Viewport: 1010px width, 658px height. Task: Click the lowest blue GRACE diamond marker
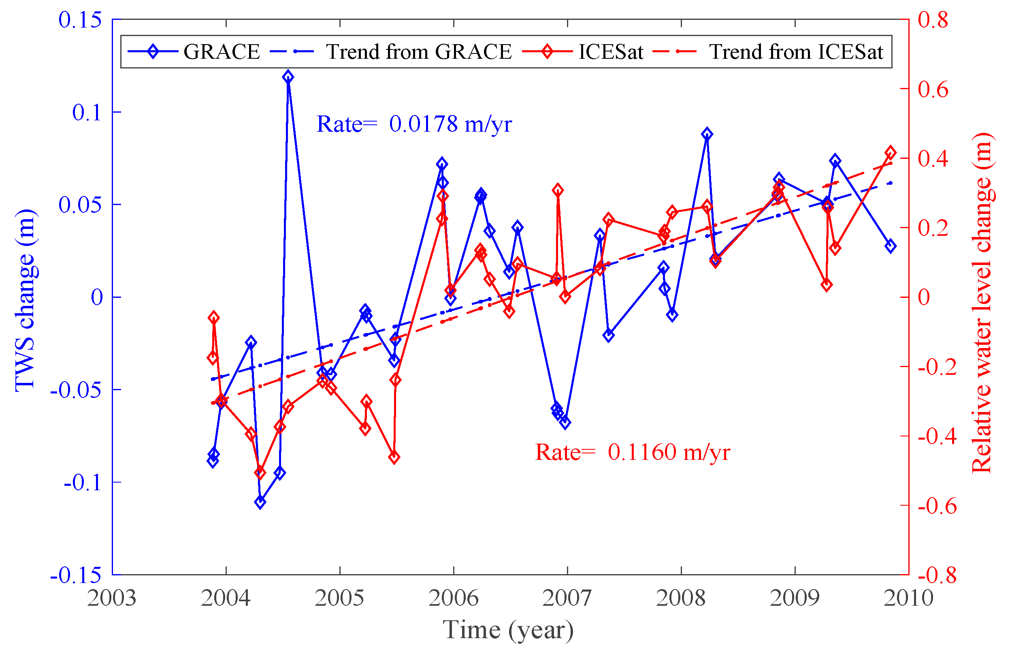[x=260, y=502]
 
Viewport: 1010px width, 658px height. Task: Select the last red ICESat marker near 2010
[x=890, y=153]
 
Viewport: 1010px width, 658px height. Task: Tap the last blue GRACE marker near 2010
[x=890, y=246]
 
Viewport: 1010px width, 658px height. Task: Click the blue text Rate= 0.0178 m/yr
[x=414, y=124]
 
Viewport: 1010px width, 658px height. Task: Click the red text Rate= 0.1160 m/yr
[x=632, y=452]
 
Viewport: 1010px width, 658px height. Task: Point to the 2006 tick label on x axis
[x=453, y=598]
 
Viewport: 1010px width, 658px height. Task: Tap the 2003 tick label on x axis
[x=112, y=598]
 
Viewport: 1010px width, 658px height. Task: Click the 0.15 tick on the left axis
[x=80, y=20]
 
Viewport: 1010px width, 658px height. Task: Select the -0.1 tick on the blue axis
[x=82, y=483]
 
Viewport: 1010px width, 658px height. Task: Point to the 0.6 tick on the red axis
[x=933, y=90]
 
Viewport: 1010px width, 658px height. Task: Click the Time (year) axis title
[x=508, y=630]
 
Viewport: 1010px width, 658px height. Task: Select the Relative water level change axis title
[x=982, y=303]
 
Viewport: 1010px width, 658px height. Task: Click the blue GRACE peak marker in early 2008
[x=707, y=134]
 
